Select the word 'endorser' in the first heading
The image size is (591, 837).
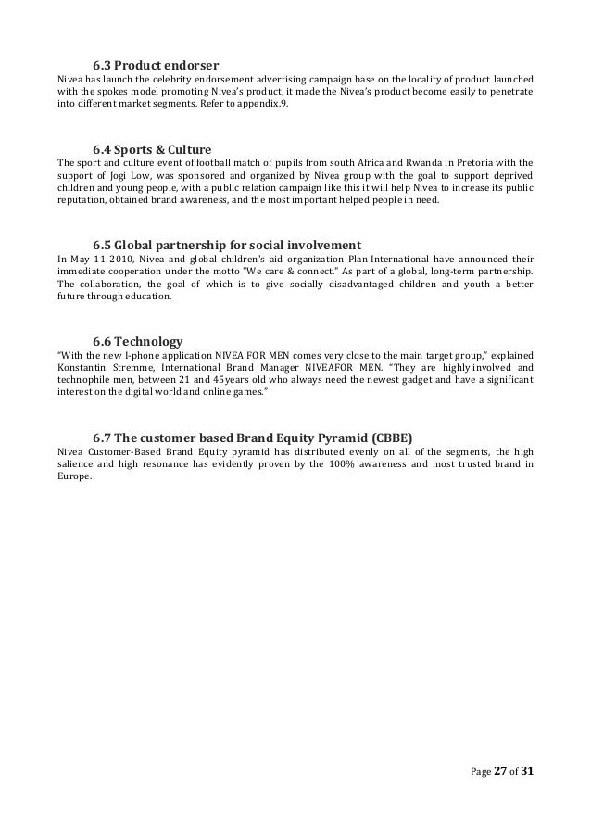click(x=193, y=65)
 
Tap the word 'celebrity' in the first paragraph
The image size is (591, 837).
click(x=157, y=81)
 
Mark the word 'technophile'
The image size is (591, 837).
click(x=85, y=381)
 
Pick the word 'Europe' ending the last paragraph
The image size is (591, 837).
click(x=74, y=478)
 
